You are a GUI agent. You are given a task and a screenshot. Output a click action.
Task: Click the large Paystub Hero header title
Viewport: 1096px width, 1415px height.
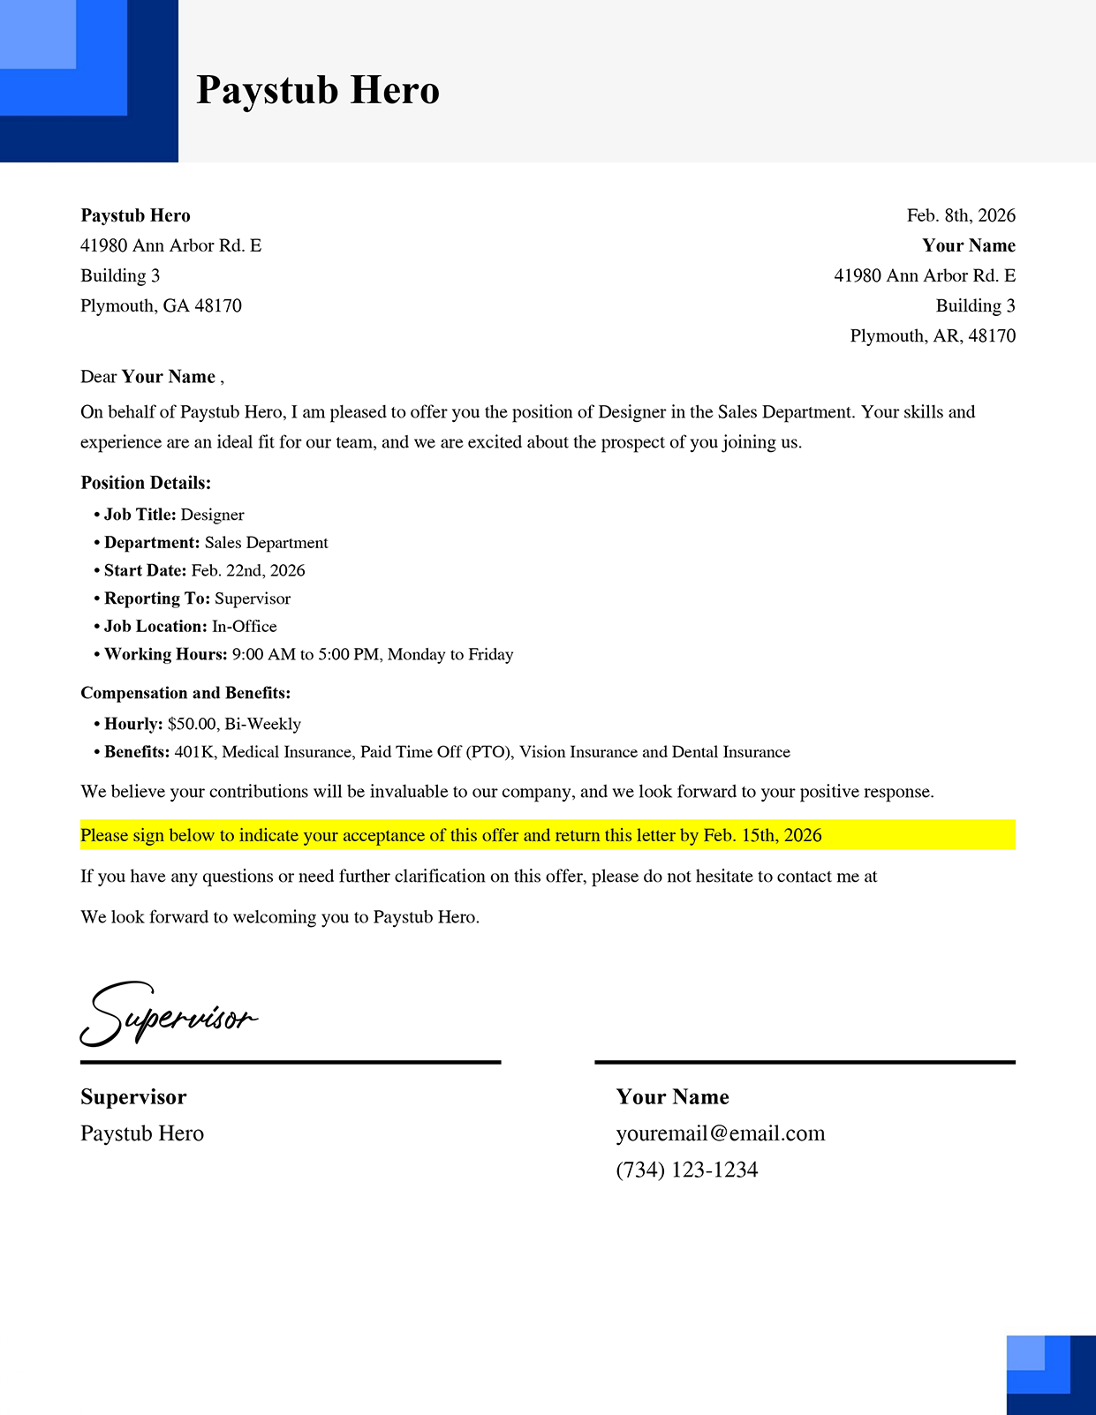pos(318,90)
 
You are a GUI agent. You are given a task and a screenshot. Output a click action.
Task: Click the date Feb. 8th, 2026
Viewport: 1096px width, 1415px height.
pos(961,215)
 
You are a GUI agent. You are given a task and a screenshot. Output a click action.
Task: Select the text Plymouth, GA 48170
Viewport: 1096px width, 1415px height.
pos(161,305)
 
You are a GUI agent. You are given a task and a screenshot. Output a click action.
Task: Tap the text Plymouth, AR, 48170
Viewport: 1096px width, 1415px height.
pos(933,335)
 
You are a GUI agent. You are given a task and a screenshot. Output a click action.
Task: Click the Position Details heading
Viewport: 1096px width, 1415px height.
pos(146,483)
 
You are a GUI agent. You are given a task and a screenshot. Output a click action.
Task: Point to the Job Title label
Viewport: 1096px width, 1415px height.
pos(140,515)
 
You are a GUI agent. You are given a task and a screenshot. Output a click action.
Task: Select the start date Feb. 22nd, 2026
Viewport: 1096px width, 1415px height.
pos(248,570)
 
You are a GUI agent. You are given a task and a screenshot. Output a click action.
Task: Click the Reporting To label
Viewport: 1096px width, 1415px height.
pos(156,598)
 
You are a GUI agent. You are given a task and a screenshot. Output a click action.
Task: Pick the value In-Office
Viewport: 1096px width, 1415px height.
pos(245,626)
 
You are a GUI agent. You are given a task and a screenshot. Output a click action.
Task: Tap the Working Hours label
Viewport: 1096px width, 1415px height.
pos(165,654)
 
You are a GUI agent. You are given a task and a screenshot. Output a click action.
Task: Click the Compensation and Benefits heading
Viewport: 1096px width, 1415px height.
pos(185,693)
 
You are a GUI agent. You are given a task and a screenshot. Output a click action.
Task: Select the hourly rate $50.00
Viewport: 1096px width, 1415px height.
pos(192,724)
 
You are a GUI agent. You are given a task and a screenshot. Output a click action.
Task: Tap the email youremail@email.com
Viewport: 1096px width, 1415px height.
pos(721,1133)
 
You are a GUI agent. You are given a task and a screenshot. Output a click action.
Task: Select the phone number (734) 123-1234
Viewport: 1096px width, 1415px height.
pos(687,1170)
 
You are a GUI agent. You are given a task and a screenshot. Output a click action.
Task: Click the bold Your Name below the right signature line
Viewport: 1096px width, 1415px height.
pos(672,1097)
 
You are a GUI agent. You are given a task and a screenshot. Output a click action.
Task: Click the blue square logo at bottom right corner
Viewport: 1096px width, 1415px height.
pos(1051,1374)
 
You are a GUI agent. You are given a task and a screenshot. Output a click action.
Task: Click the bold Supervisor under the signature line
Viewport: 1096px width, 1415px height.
pos(133,1097)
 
